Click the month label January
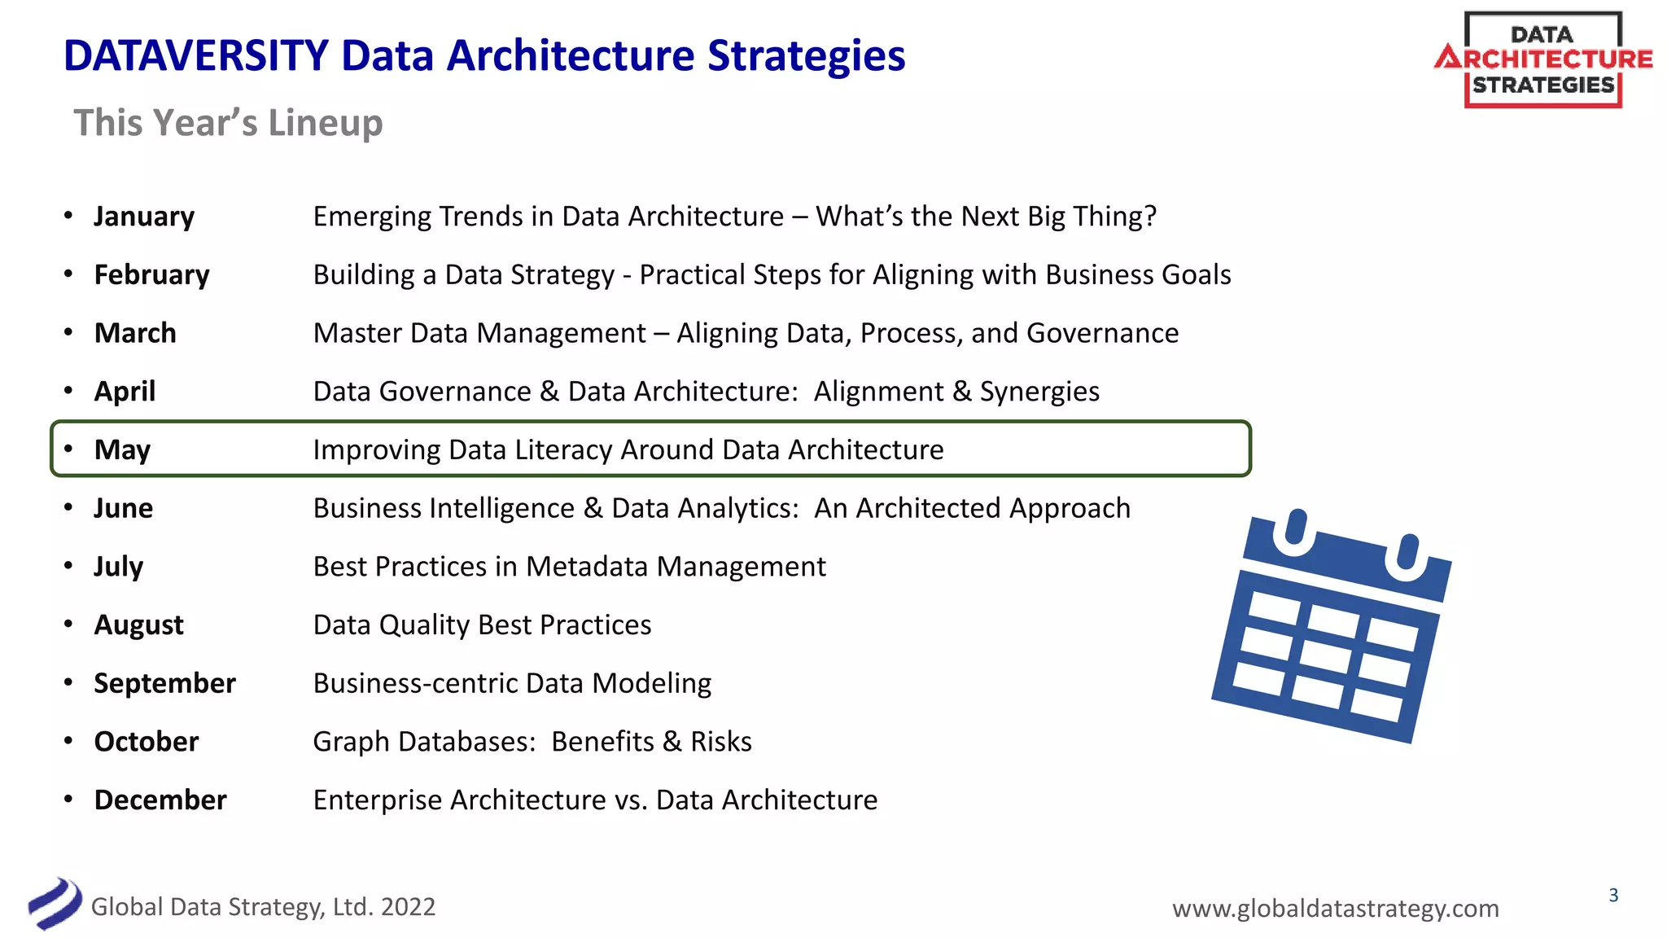pyautogui.click(x=144, y=217)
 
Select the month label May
pyautogui.click(x=122, y=450)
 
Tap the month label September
pyautogui.click(x=164, y=683)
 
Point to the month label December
pyautogui.click(x=160, y=800)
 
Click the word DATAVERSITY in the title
pyautogui.click(x=195, y=56)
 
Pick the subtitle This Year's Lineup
pyautogui.click(x=228, y=123)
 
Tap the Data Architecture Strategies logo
pyautogui.click(x=1542, y=60)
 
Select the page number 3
pyautogui.click(x=1613, y=896)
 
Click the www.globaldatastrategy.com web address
pyautogui.click(x=1335, y=908)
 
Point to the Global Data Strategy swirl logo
pyautogui.click(x=55, y=903)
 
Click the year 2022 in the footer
pyautogui.click(x=408, y=907)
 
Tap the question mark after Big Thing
pyautogui.click(x=1149, y=217)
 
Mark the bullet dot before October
pyautogui.click(x=69, y=741)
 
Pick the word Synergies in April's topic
pyautogui.click(x=1039, y=392)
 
